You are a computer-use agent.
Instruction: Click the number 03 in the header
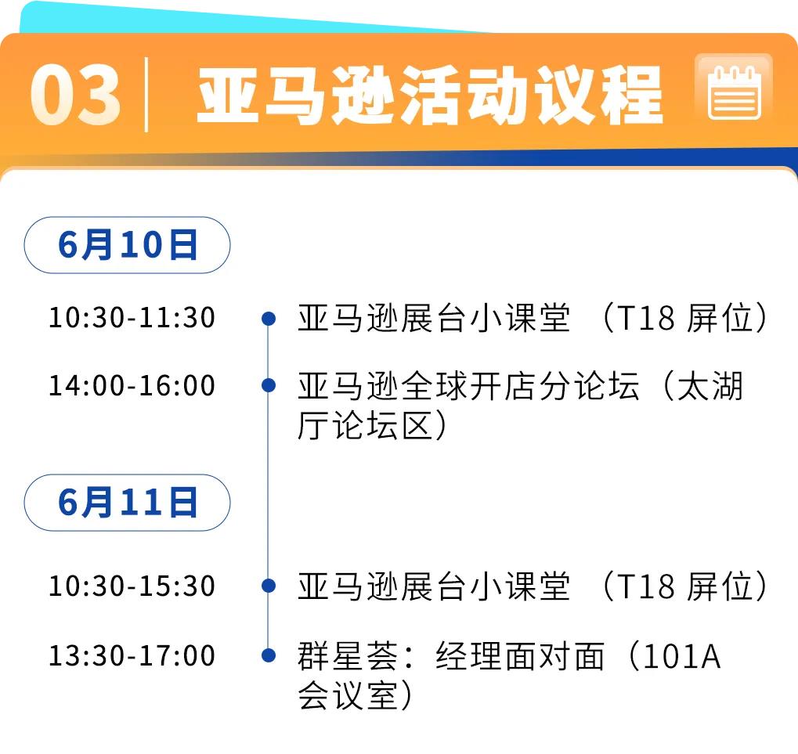tap(75, 96)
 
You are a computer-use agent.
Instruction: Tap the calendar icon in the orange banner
tap(734, 92)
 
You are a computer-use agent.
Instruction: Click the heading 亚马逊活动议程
tap(430, 96)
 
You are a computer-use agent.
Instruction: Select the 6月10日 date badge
tap(127, 245)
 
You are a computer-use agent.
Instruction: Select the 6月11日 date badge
tap(127, 503)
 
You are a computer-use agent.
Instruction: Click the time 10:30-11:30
tap(132, 317)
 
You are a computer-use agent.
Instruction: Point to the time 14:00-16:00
tap(132, 385)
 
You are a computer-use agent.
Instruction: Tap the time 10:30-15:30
tap(132, 586)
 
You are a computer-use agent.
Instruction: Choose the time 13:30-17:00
tap(132, 655)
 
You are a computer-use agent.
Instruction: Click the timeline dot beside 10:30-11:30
tap(268, 319)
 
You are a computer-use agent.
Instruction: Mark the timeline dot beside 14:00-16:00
tap(268, 385)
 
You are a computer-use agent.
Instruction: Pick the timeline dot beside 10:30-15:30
tap(268, 586)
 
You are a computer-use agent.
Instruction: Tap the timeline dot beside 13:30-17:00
tap(268, 655)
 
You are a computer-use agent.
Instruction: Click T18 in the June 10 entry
tap(646, 318)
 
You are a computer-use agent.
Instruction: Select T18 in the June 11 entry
tap(646, 586)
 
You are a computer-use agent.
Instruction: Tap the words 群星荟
tap(348, 656)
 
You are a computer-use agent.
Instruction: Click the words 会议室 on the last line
tap(348, 695)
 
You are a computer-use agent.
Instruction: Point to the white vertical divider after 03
tap(146, 95)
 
